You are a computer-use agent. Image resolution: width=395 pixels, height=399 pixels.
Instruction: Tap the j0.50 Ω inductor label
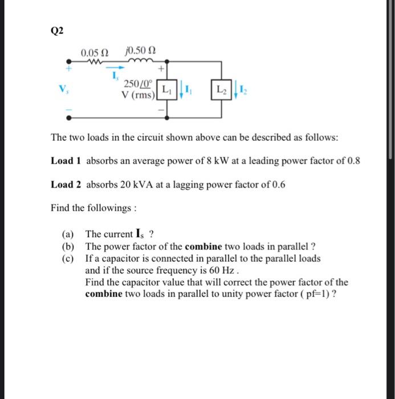[139, 53]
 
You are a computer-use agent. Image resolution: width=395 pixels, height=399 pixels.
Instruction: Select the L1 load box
[166, 89]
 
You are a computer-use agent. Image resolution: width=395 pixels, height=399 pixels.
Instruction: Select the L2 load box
[221, 89]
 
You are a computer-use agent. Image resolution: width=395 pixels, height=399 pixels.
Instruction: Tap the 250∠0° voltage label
[139, 85]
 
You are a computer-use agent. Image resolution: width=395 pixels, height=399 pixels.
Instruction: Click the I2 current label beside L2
[243, 89]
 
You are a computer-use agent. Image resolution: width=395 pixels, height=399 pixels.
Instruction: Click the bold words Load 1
[66, 161]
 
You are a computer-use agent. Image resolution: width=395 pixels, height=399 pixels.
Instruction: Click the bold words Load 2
[66, 185]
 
